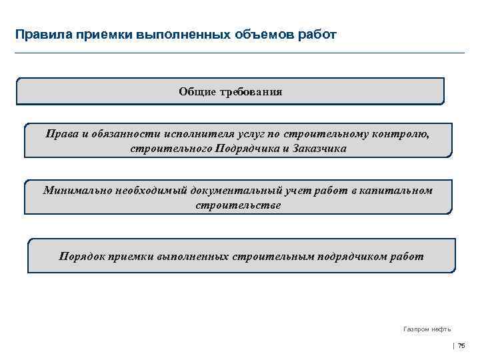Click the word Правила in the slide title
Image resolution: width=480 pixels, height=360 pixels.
tap(39, 33)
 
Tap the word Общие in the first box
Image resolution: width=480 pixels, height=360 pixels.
tap(197, 91)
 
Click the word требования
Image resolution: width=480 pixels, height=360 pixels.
tap(249, 91)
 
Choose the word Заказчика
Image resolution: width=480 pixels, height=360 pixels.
tap(320, 149)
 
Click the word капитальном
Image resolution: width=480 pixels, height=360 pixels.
tap(399, 191)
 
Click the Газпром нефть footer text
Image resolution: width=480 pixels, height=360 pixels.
tap(427, 329)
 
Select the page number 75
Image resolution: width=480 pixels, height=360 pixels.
tap(461, 345)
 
